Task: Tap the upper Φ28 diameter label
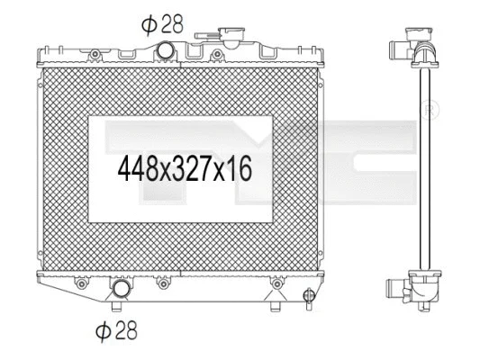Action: (x=162, y=24)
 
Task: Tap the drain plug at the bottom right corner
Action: (x=308, y=294)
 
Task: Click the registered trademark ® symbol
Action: (x=430, y=111)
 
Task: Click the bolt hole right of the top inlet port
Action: (x=216, y=56)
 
